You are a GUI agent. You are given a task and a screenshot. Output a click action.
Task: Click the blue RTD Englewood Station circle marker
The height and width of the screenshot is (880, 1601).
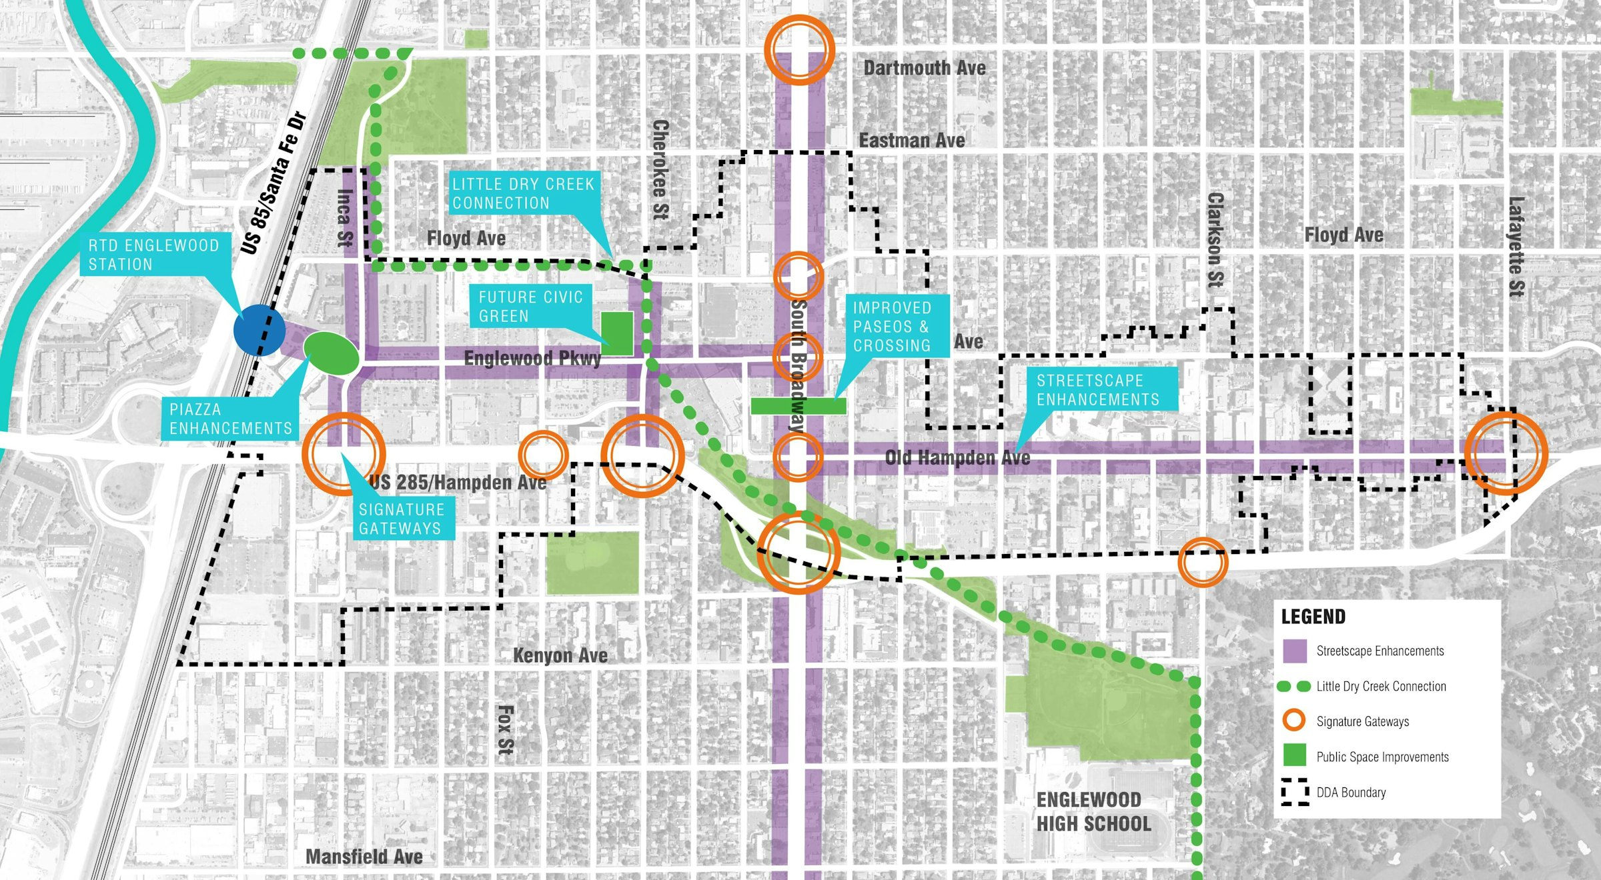click(259, 329)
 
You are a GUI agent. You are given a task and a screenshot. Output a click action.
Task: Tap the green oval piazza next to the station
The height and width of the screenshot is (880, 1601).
click(332, 353)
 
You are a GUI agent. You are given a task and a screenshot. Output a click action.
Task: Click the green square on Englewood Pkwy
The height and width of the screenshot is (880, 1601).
click(617, 333)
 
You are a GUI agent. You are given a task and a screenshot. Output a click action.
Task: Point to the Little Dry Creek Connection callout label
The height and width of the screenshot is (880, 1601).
click(523, 193)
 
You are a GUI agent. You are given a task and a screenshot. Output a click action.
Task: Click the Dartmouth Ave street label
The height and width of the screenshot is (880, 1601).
click(925, 68)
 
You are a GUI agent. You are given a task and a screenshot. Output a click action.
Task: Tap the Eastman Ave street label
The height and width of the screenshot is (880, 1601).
click(912, 141)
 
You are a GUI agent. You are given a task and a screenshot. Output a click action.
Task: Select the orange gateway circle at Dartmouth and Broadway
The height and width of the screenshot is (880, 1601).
click(798, 50)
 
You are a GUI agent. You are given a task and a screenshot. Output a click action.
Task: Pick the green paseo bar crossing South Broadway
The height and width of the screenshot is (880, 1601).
click(798, 405)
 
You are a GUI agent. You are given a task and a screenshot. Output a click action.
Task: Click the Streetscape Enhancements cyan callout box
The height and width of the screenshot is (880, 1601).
click(1098, 389)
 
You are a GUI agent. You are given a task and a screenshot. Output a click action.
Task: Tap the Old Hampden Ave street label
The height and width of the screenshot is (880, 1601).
click(957, 457)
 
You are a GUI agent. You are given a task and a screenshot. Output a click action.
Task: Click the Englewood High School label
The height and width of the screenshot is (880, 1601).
click(1093, 811)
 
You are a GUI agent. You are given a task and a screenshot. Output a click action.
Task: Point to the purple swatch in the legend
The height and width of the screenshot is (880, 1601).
click(1295, 651)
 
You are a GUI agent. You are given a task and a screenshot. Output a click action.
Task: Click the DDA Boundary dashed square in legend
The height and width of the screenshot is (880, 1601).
click(1295, 792)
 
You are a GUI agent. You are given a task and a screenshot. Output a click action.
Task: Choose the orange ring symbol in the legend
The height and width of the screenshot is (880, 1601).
click(1294, 721)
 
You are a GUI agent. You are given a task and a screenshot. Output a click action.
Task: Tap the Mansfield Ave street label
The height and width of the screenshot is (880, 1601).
click(364, 857)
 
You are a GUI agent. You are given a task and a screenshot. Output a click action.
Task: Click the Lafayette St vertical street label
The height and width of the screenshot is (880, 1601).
click(1516, 247)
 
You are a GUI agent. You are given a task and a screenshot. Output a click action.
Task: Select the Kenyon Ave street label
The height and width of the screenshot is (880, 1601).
click(560, 655)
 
